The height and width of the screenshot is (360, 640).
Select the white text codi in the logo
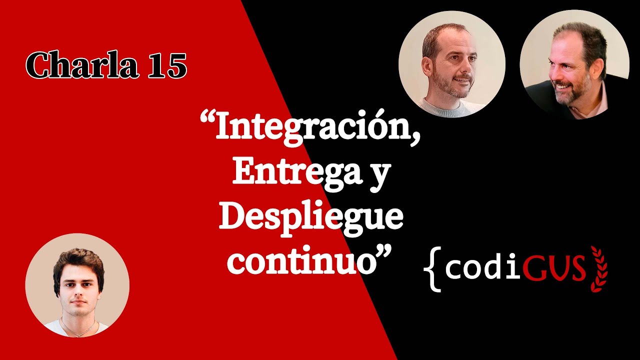click(475, 268)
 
